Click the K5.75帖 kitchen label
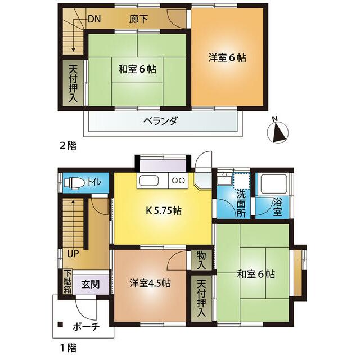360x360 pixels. point(163,212)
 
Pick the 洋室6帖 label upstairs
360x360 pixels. point(227,57)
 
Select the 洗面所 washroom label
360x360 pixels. point(241,203)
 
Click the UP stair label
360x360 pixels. point(73,253)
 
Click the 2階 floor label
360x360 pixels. point(67,145)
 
